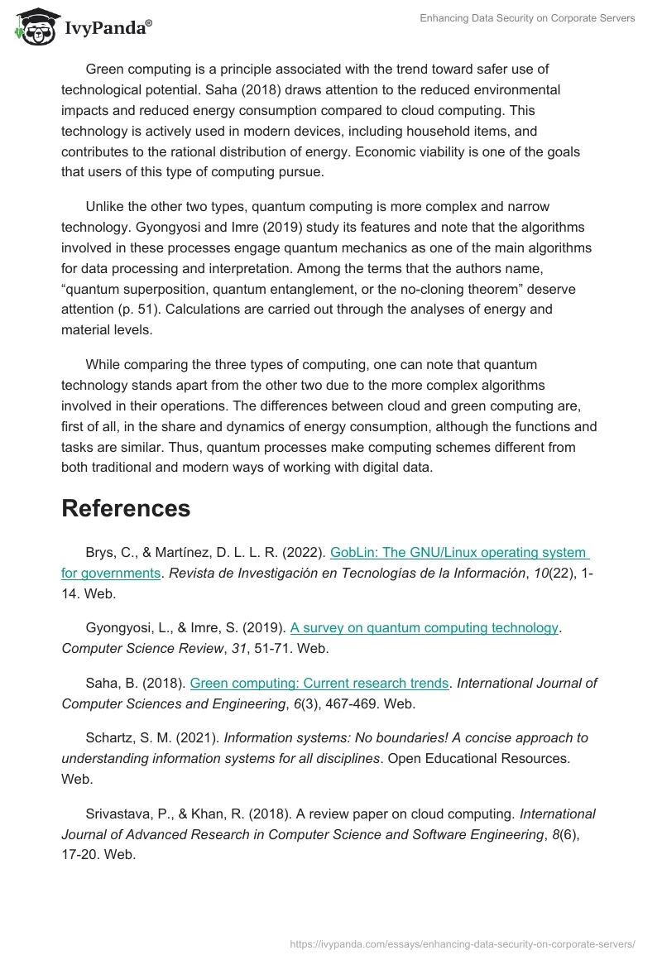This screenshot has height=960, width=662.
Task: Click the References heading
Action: click(x=126, y=508)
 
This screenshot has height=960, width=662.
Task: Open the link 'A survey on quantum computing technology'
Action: click(x=424, y=627)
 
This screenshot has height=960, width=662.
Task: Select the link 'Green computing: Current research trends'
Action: click(x=319, y=683)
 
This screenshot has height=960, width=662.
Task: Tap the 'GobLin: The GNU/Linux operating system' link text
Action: click(x=458, y=552)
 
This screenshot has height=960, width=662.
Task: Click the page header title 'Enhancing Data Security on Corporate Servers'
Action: click(x=526, y=18)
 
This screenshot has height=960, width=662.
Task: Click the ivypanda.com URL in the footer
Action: click(x=462, y=943)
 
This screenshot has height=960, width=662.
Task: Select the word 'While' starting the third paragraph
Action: click(x=103, y=364)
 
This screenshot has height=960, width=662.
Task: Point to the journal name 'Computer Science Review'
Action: click(x=132, y=648)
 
